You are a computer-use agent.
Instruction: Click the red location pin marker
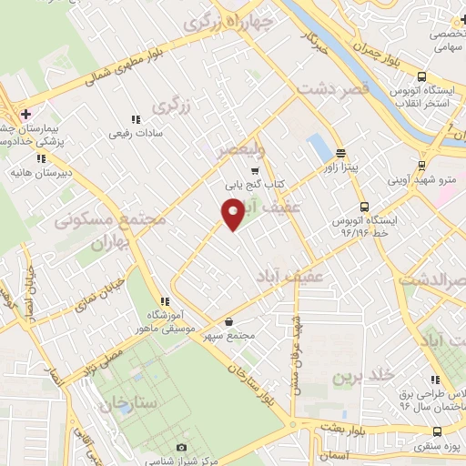tap(233, 214)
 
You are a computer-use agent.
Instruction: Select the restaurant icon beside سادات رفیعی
tap(135, 119)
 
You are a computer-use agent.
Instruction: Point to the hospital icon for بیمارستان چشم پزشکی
tap(25, 114)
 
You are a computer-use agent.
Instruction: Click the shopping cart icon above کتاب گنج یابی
tap(255, 169)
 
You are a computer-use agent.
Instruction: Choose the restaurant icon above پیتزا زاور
tap(340, 153)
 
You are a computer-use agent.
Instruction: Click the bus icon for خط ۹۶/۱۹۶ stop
tap(364, 206)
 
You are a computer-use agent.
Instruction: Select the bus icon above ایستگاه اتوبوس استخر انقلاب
tap(421, 77)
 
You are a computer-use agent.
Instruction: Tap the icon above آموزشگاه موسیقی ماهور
tap(164, 301)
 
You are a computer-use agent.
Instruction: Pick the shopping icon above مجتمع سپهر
tap(228, 321)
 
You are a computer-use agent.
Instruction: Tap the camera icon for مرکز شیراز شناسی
tap(182, 448)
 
